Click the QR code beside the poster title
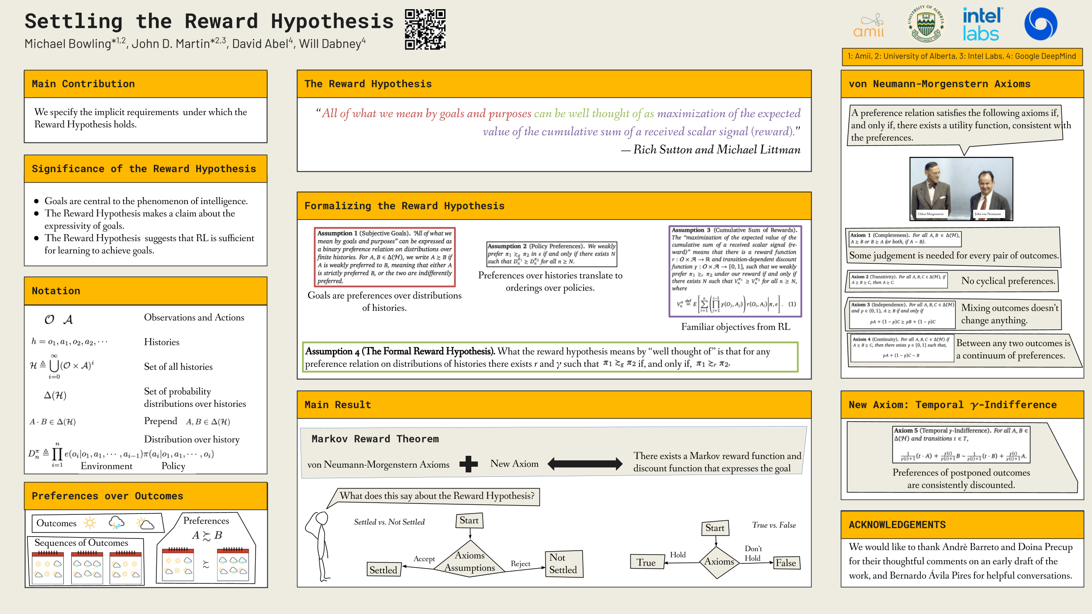[425, 29]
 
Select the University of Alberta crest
[926, 24]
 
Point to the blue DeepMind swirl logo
[1040, 24]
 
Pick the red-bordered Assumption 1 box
[384, 257]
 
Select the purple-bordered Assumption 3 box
[735, 271]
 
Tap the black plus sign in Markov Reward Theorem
[468, 464]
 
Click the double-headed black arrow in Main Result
[585, 464]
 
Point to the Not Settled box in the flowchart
[563, 564]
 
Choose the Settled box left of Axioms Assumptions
[384, 569]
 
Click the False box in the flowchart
[786, 563]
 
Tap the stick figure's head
[322, 518]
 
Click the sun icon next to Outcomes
[90, 523]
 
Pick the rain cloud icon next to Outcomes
[116, 523]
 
